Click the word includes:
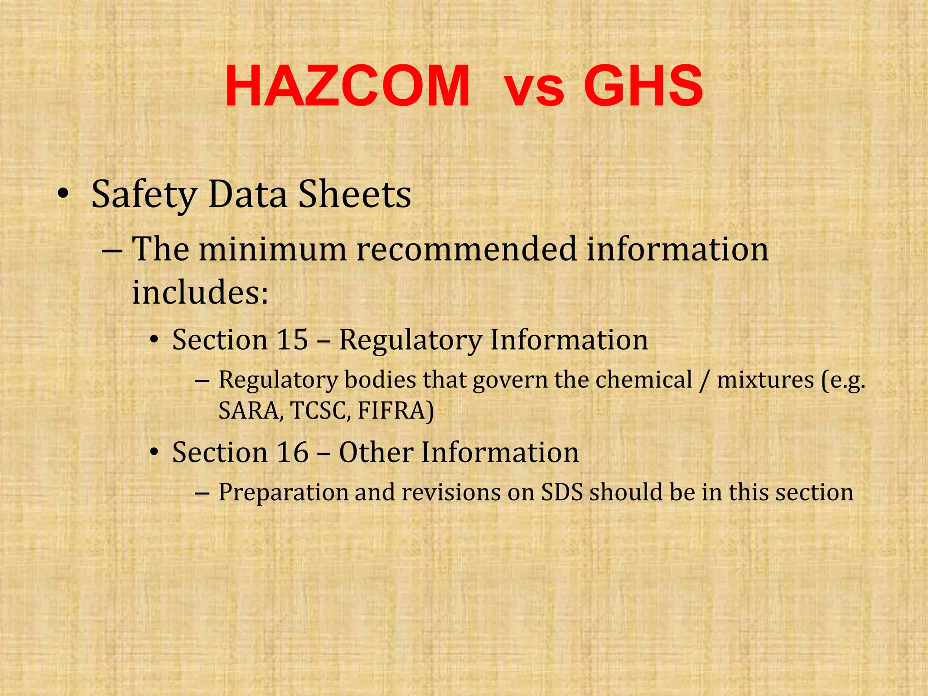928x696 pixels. coord(200,292)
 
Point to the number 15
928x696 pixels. coord(292,340)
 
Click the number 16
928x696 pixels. coord(292,452)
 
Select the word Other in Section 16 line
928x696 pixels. coord(376,452)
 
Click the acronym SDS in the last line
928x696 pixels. coord(562,492)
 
